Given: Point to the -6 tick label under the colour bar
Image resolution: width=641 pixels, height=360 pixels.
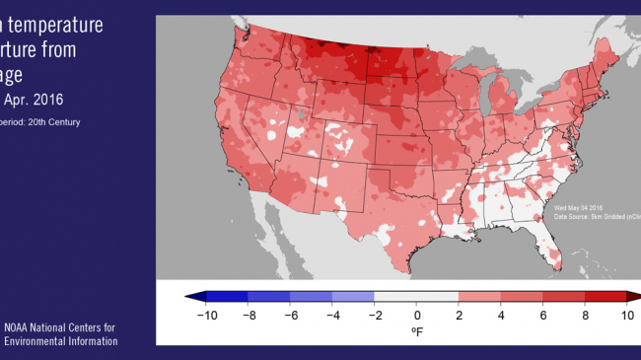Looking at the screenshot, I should [291, 316].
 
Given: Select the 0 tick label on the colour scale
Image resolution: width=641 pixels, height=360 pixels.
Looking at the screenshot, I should [417, 316].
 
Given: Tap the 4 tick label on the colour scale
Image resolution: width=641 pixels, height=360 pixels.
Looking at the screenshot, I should [501, 316].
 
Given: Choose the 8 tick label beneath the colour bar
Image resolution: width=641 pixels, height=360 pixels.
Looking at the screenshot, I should [585, 316].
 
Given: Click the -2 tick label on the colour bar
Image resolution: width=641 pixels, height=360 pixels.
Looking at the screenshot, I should [375, 316].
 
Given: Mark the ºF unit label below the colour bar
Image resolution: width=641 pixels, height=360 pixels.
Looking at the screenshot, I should [417, 333].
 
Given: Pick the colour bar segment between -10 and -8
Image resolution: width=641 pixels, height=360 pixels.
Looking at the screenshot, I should [228, 297].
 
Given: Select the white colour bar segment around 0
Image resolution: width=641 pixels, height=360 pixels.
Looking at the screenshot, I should [417, 297].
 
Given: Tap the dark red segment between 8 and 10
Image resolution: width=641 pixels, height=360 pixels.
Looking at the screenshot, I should [605, 297].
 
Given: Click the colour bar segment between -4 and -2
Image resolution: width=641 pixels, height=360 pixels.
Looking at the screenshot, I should [354, 297].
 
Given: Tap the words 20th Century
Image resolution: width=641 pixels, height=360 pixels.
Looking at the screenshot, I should [53, 121].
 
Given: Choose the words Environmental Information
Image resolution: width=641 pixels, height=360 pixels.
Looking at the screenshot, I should [61, 341].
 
